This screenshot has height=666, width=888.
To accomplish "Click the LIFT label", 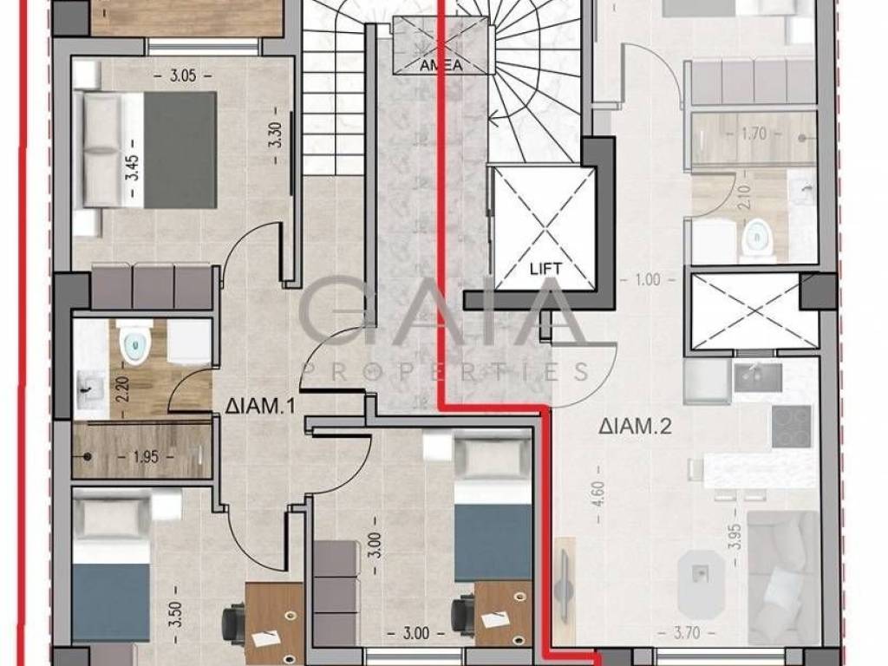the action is tap(545, 269).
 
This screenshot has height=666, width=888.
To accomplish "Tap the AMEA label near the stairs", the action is tap(441, 65).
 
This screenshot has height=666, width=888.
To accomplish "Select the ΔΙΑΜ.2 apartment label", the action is tap(635, 426).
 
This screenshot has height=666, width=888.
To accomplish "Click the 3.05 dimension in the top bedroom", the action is tap(183, 75).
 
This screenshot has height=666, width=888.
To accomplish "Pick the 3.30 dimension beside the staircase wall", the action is tap(277, 136).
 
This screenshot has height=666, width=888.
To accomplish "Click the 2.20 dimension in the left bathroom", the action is tap(125, 389).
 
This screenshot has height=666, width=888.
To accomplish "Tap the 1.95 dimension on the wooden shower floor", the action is tap(146, 456).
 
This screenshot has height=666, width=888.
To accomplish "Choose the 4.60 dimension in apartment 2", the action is tap(600, 495).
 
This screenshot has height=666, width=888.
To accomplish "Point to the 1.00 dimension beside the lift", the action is tap(647, 279).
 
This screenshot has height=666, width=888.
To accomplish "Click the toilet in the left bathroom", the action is tap(134, 341).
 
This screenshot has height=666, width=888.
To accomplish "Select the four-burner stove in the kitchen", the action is tap(791, 426).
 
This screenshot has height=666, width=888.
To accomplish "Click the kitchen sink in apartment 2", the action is tap(758, 378).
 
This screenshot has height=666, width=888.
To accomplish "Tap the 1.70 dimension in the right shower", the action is tap(754, 134).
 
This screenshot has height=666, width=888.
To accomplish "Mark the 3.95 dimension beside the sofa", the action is tap(735, 537).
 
